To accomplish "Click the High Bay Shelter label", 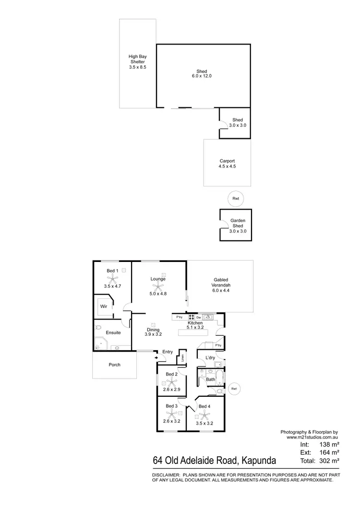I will click(137, 62).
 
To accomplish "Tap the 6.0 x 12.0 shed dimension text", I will click(202, 76).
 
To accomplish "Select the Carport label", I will click(227, 161).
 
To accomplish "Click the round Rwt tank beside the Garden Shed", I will click(236, 198).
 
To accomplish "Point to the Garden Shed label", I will click(238, 223).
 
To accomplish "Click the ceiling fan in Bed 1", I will click(112, 278).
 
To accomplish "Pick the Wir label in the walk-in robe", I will click(103, 306).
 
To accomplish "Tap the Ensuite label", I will click(114, 332).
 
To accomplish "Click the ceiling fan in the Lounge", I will click(158, 286).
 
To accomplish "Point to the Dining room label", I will click(154, 330).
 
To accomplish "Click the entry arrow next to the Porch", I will click(156, 357).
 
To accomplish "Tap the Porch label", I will click(114, 365).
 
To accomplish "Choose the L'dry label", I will click(210, 358).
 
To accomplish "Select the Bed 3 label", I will click(172, 406).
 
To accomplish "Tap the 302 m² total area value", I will click(328, 460).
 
